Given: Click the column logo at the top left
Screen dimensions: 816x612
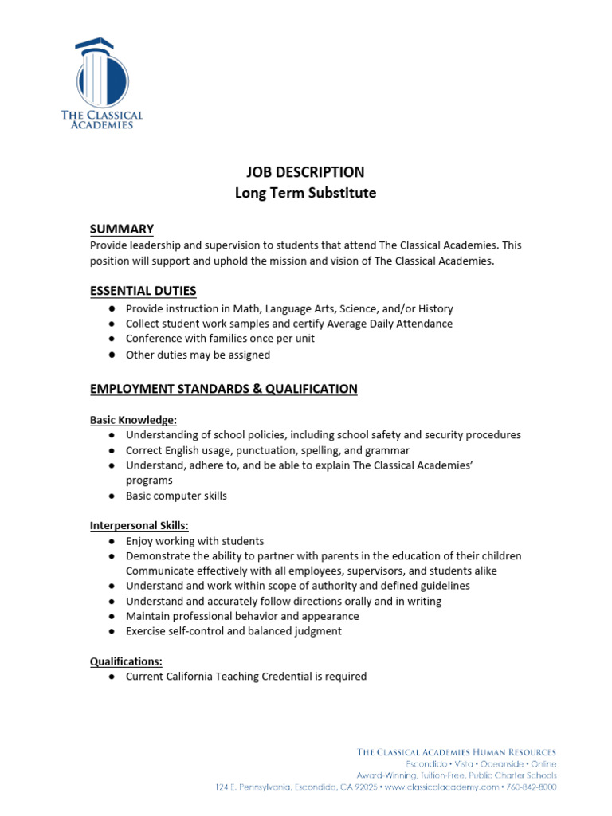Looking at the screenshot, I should coord(101,73).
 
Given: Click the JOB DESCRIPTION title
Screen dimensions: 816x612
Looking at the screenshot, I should coord(305,172).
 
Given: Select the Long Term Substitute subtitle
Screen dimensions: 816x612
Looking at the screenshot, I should coord(305,193).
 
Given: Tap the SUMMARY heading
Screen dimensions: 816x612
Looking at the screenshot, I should coord(121,229).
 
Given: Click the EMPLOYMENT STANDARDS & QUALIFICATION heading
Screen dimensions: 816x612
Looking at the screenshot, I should coord(223,389).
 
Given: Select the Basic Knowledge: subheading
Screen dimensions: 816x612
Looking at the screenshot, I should coord(133,420).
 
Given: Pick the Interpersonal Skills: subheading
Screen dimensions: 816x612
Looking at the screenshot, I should coord(139,526).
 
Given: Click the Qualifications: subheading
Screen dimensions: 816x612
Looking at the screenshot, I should coord(126,661).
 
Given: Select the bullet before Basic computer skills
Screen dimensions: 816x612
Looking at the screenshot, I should coord(113,496).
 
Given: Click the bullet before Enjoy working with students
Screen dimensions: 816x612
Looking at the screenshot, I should coord(113,541).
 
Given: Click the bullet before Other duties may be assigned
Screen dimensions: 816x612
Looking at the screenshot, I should coord(113,355).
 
